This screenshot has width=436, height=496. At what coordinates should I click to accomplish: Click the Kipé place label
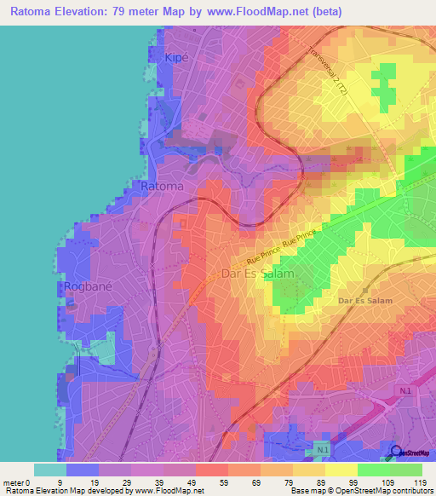point(175,57)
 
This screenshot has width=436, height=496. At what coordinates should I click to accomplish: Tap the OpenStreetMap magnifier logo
point(396,453)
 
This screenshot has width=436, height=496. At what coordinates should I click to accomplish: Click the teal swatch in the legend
point(50,470)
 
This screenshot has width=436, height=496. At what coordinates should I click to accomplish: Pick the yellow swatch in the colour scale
point(341,470)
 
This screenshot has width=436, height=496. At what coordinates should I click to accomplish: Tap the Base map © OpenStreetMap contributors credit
point(359,490)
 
